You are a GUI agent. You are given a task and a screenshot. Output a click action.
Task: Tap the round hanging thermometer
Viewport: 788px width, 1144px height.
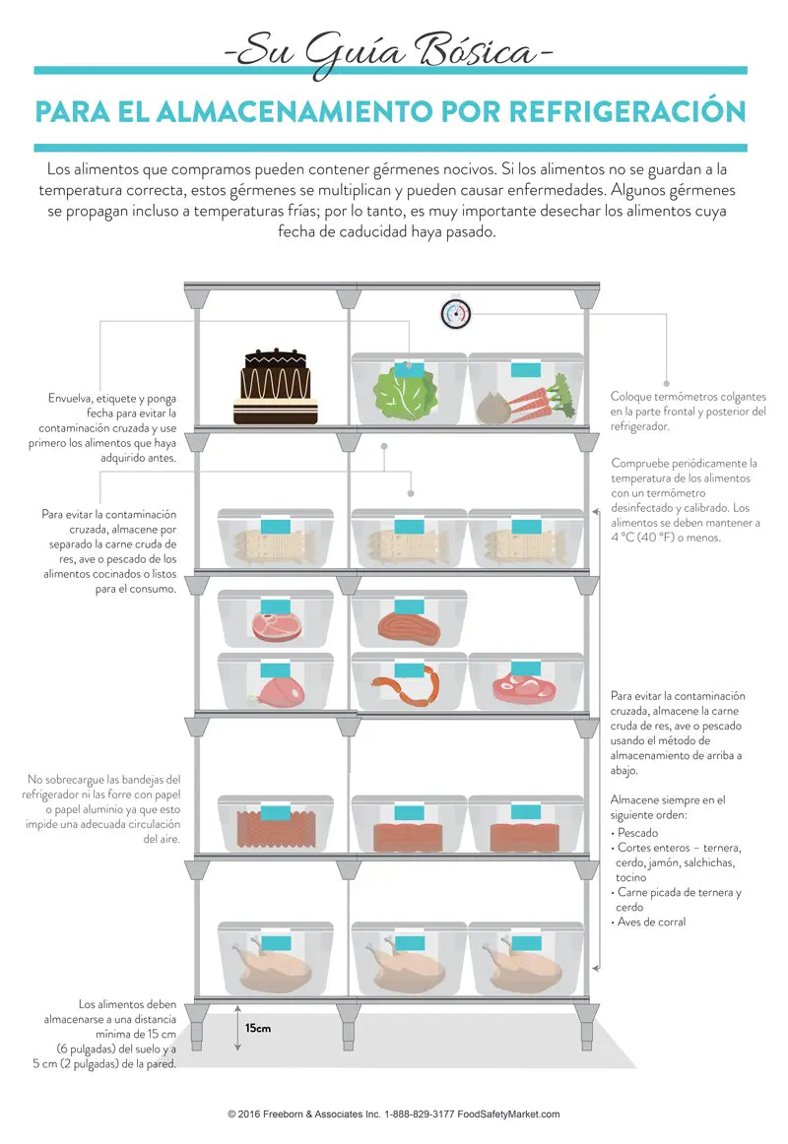[x=456, y=314]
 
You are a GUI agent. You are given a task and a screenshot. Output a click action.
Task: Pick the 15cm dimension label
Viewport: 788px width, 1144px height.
[x=258, y=1028]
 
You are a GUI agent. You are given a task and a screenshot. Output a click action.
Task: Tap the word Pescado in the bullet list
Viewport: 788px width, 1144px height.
[x=637, y=833]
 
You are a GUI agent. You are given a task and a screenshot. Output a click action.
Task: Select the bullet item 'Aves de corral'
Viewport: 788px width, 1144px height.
[x=651, y=922]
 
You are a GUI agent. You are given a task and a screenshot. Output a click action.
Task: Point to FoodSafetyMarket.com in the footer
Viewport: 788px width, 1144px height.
[x=513, y=1114]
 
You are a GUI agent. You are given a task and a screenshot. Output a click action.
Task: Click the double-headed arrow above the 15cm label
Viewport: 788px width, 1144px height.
[x=236, y=1028]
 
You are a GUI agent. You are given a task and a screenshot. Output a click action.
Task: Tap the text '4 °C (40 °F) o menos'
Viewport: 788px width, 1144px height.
[x=667, y=538]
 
